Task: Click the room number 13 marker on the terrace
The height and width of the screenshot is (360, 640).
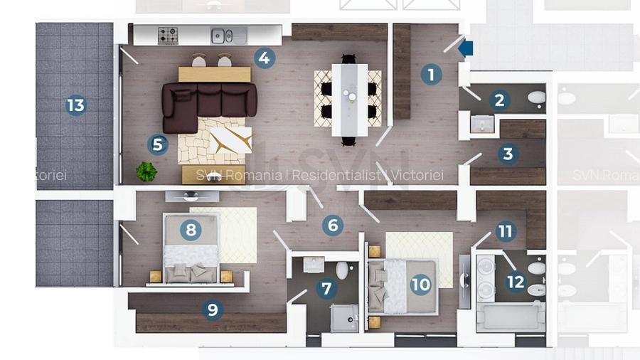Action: point(75,106)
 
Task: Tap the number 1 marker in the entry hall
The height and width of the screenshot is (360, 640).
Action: point(431,74)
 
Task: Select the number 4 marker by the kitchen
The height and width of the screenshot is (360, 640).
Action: point(264,58)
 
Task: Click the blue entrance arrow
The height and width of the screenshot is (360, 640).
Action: point(466,48)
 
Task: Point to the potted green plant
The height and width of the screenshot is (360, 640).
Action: point(146,171)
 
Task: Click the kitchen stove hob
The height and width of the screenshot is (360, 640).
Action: point(168,35)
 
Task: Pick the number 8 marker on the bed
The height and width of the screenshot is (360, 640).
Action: point(190,230)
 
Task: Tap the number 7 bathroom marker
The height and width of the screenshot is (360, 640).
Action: point(326,289)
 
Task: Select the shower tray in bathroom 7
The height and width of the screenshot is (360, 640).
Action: point(344,319)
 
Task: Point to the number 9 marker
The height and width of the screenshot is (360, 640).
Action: point(211,309)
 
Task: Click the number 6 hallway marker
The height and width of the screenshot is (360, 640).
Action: point(332,226)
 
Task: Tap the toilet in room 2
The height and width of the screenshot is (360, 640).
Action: point(536,97)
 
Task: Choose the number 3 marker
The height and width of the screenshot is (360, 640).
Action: point(507,154)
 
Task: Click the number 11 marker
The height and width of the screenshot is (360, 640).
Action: point(506,231)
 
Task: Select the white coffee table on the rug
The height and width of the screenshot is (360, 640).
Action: point(230,139)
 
